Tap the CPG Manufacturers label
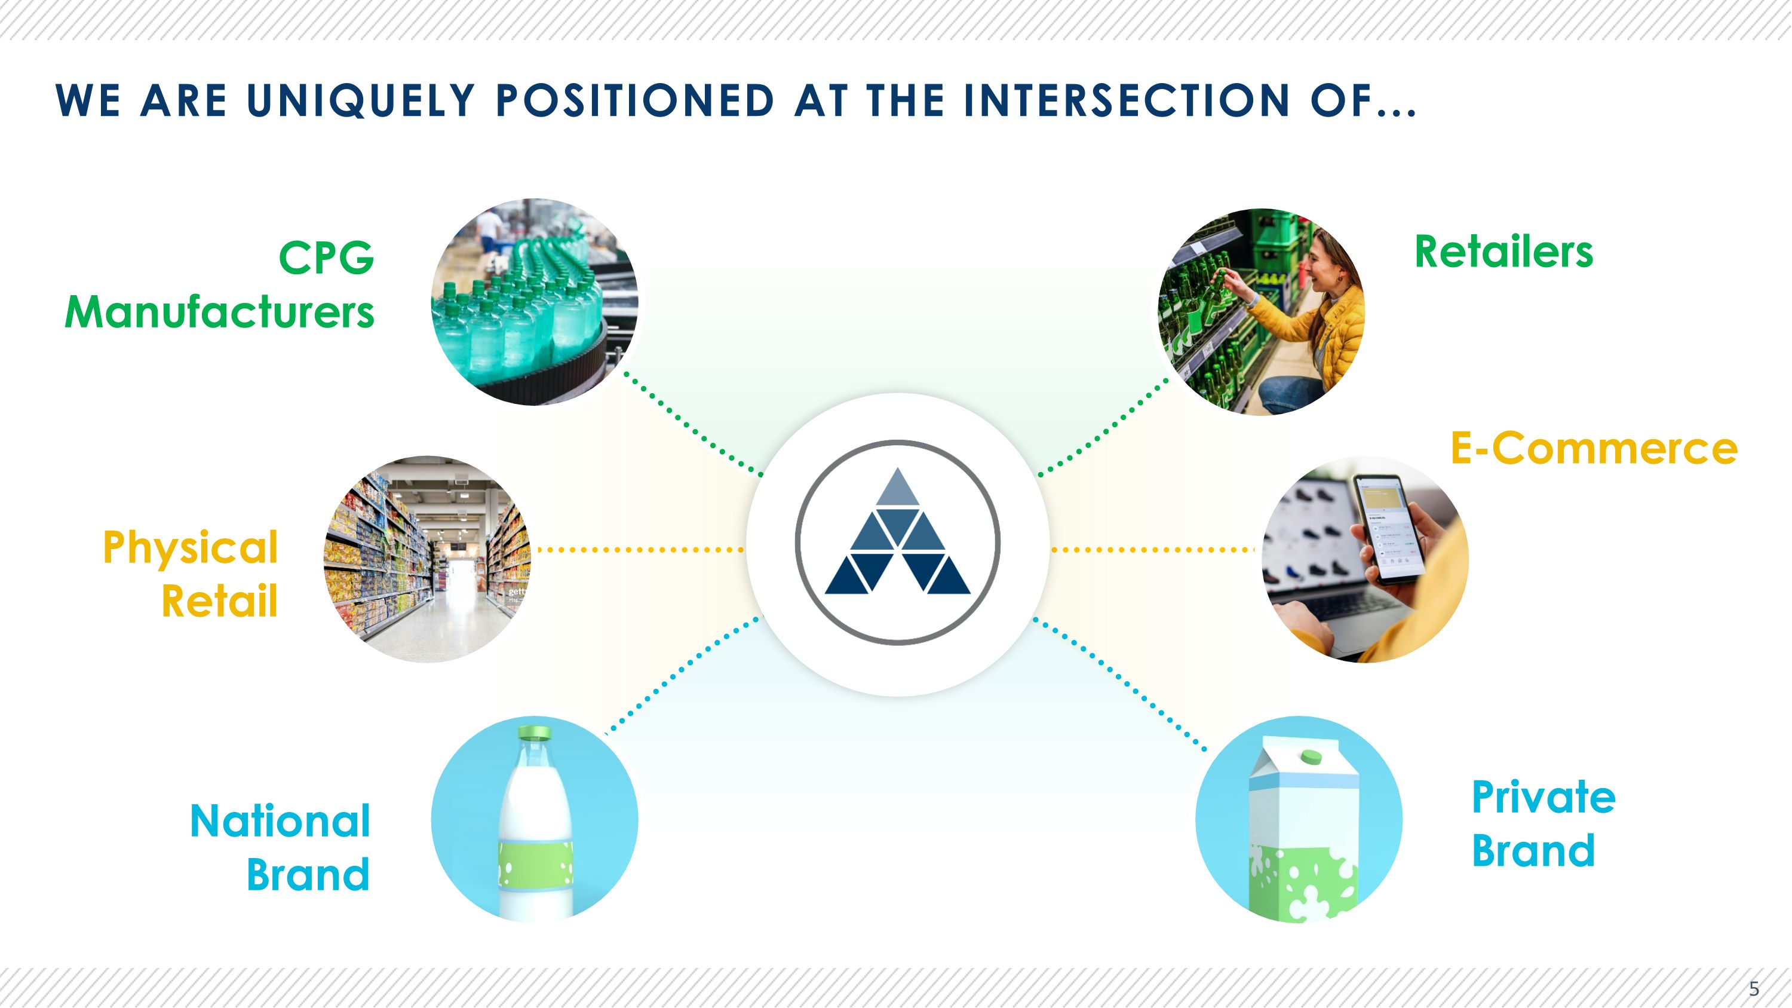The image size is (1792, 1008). click(x=220, y=285)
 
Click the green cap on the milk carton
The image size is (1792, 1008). click(x=1311, y=756)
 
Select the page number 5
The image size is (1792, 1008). click(x=1754, y=988)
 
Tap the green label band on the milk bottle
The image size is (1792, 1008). click(x=536, y=865)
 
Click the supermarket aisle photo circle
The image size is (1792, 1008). click(x=428, y=559)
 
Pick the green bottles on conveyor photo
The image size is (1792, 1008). click(x=534, y=302)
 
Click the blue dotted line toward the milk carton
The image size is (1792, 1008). click(x=1120, y=685)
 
